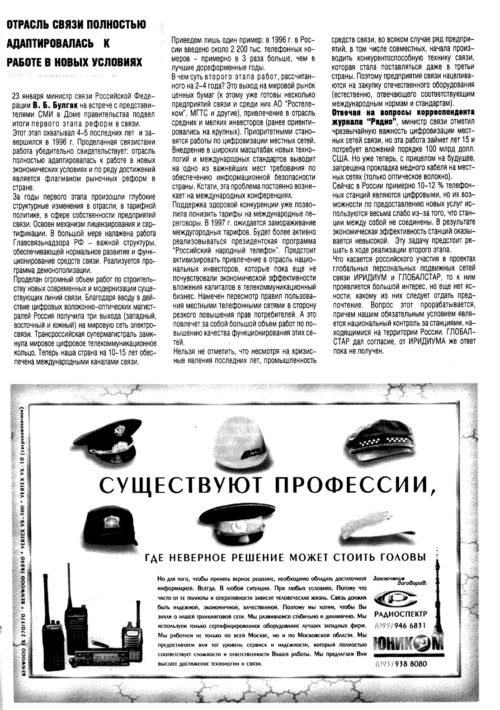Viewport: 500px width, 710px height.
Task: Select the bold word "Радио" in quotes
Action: point(381,121)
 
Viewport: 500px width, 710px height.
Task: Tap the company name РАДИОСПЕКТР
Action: point(401,615)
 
